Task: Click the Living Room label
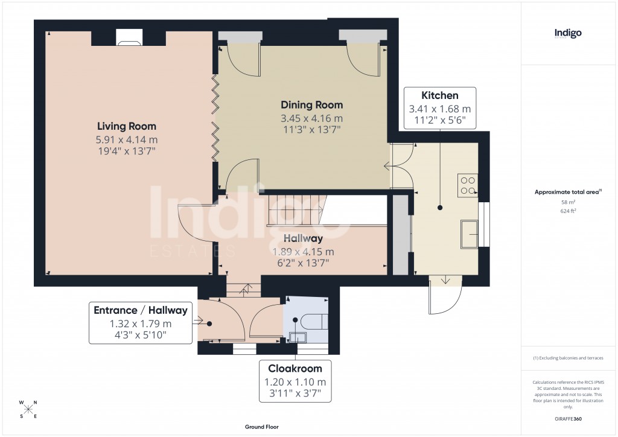(x=127, y=126)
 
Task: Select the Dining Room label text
(x=312, y=105)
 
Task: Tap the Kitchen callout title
(x=439, y=95)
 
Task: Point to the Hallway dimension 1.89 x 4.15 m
(x=303, y=252)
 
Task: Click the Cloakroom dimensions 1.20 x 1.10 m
(x=295, y=381)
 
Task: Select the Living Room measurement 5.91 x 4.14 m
(x=127, y=139)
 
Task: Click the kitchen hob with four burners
(x=468, y=185)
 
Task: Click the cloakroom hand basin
(x=296, y=337)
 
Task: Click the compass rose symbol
(x=28, y=409)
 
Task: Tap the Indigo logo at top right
(x=568, y=34)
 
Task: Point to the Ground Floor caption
(x=262, y=427)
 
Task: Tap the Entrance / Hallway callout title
(x=140, y=310)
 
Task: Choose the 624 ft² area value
(x=568, y=211)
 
